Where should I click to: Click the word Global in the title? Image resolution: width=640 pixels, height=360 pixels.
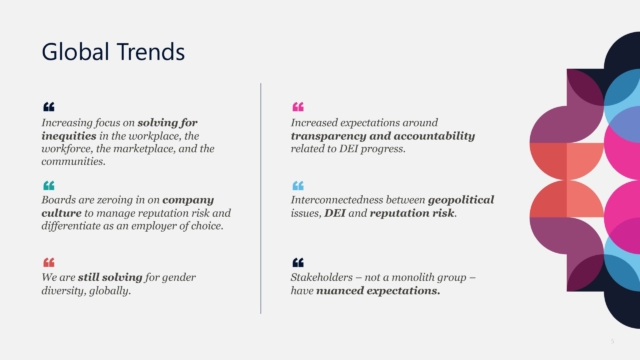click(x=76, y=52)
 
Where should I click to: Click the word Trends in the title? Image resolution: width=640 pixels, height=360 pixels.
click(x=151, y=52)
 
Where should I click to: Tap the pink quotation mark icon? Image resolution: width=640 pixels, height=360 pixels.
click(x=298, y=107)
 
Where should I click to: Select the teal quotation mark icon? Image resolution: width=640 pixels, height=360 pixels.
click(x=49, y=186)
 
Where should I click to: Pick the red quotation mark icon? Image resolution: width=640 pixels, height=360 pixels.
click(x=49, y=262)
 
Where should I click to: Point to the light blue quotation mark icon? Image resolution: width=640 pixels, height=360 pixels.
click(x=298, y=186)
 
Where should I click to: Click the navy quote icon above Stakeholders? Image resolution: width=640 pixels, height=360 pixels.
click(x=298, y=262)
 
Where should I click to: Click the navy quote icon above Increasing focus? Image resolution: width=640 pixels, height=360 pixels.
click(x=49, y=107)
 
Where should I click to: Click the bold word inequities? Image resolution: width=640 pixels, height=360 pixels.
click(x=69, y=136)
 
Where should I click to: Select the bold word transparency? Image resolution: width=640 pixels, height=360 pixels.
click(x=329, y=136)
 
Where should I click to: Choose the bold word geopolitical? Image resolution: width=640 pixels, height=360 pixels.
click(x=461, y=200)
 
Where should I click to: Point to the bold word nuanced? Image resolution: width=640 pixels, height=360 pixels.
click(x=340, y=291)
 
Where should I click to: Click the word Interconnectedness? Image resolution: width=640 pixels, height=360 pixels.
click(x=337, y=200)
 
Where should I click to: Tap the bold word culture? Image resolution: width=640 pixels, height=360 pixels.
click(x=61, y=213)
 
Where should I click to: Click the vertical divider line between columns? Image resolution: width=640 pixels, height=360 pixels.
click(x=260, y=198)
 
